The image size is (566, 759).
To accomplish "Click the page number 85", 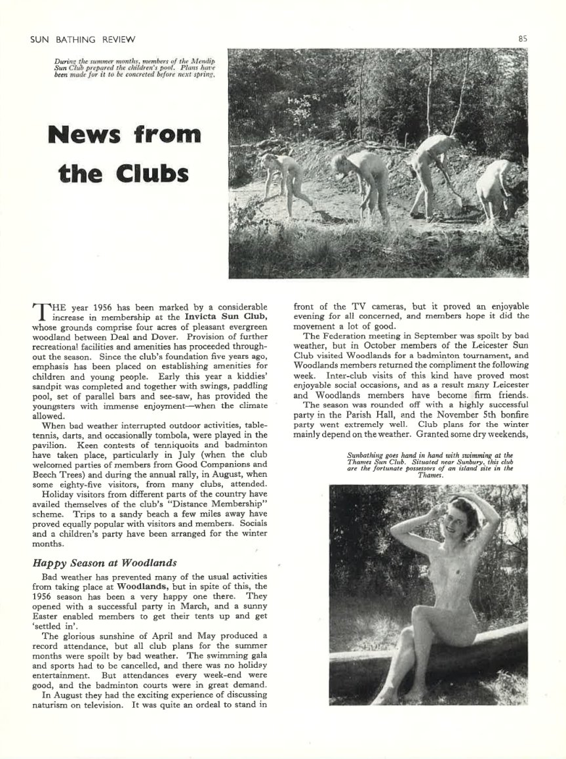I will click(x=522, y=38).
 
